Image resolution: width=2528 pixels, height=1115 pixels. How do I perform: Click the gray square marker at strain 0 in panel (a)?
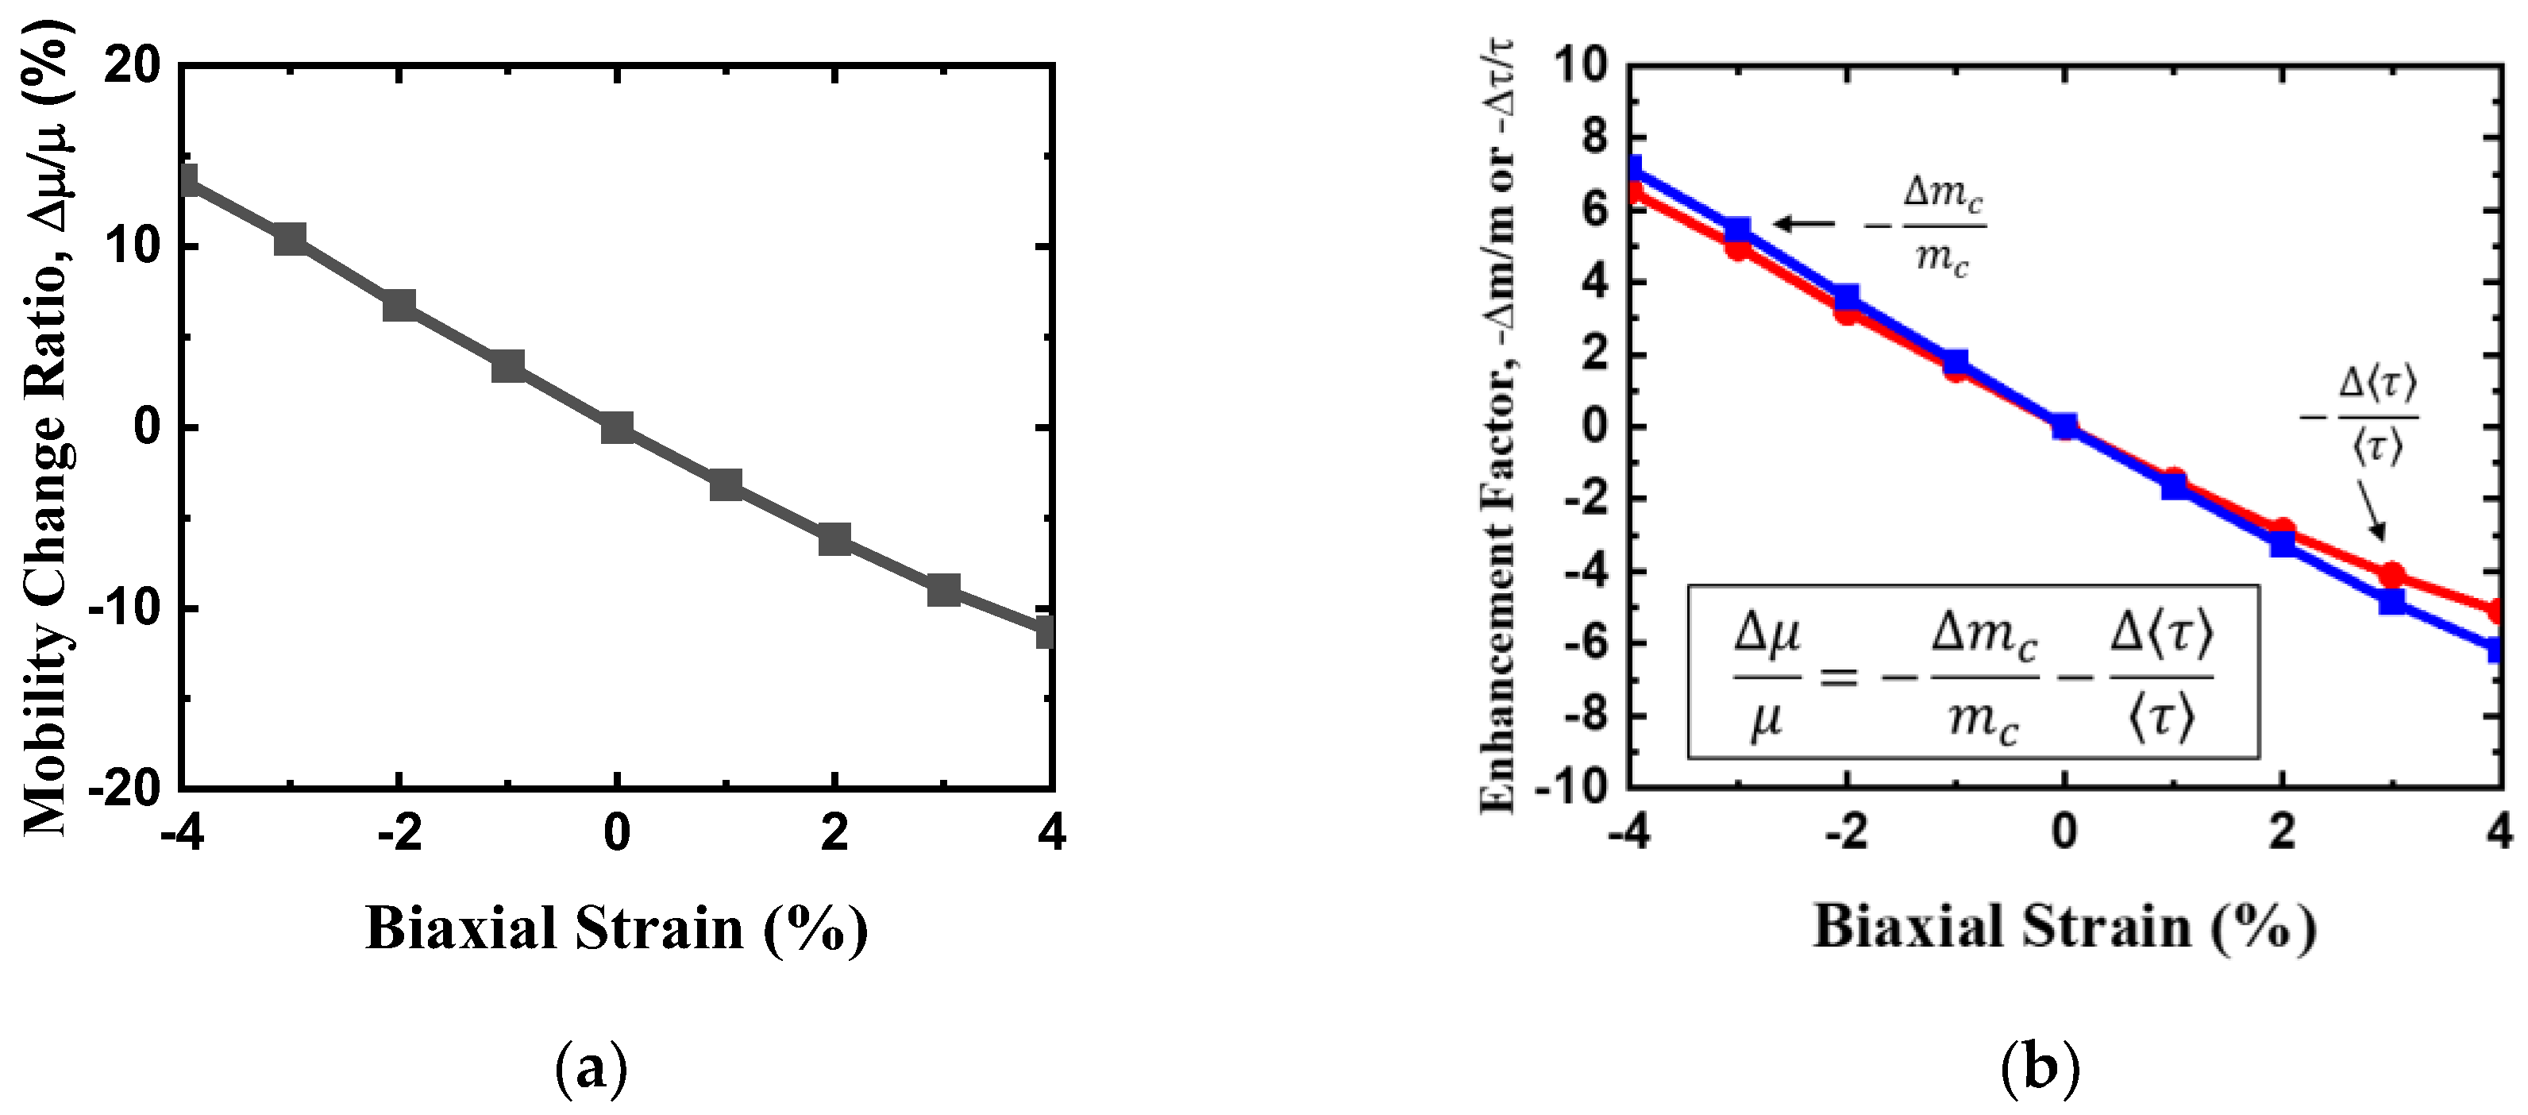[x=616, y=427]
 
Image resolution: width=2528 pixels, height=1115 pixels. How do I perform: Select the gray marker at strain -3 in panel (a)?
[x=290, y=238]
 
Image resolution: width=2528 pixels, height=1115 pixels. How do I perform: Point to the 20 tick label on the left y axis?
[x=132, y=67]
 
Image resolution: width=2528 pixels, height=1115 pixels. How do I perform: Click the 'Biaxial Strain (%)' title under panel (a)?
[x=616, y=928]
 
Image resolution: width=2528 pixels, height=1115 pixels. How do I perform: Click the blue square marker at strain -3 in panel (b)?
[x=1737, y=230]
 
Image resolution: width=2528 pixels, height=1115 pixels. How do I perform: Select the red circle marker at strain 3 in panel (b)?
[x=2391, y=574]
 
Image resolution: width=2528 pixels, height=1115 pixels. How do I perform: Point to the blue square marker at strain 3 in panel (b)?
[x=2391, y=600]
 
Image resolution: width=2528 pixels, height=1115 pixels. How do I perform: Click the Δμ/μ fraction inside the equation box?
[x=1767, y=677]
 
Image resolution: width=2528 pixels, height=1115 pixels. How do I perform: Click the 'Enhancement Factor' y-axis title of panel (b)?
[x=1496, y=427]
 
